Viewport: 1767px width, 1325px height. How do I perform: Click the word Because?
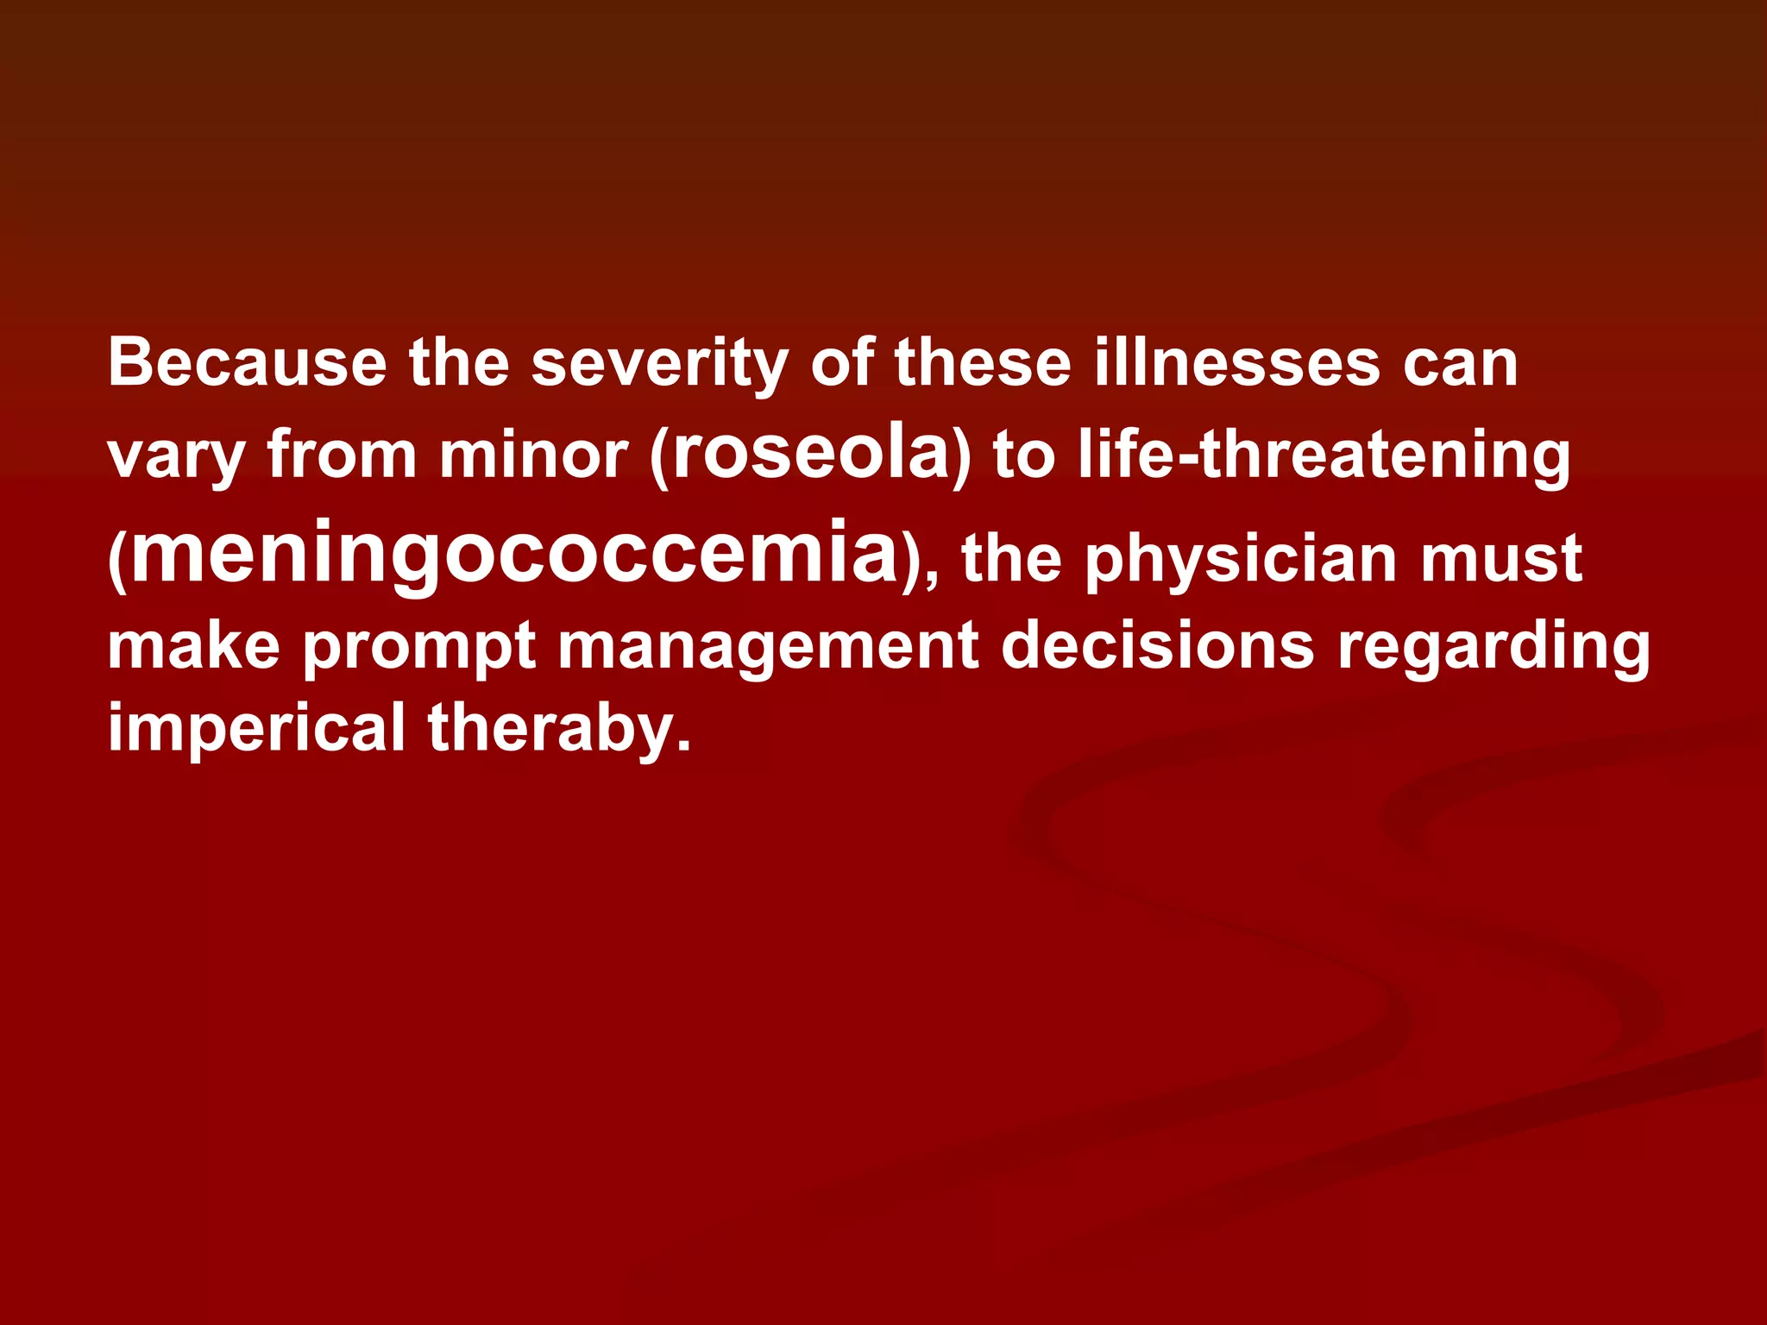click(247, 362)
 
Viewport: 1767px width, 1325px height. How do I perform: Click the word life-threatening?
click(1324, 457)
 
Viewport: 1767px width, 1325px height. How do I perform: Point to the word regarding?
click(1493, 649)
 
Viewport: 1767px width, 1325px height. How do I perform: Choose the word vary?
click(176, 457)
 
